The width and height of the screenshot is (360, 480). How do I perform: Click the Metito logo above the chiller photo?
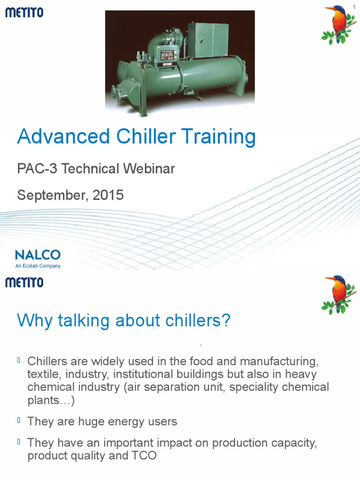(24, 13)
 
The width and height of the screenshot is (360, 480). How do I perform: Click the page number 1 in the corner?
(354, 6)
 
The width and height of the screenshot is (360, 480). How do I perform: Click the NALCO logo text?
(37, 255)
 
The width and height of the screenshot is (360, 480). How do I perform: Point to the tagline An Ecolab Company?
(37, 266)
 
